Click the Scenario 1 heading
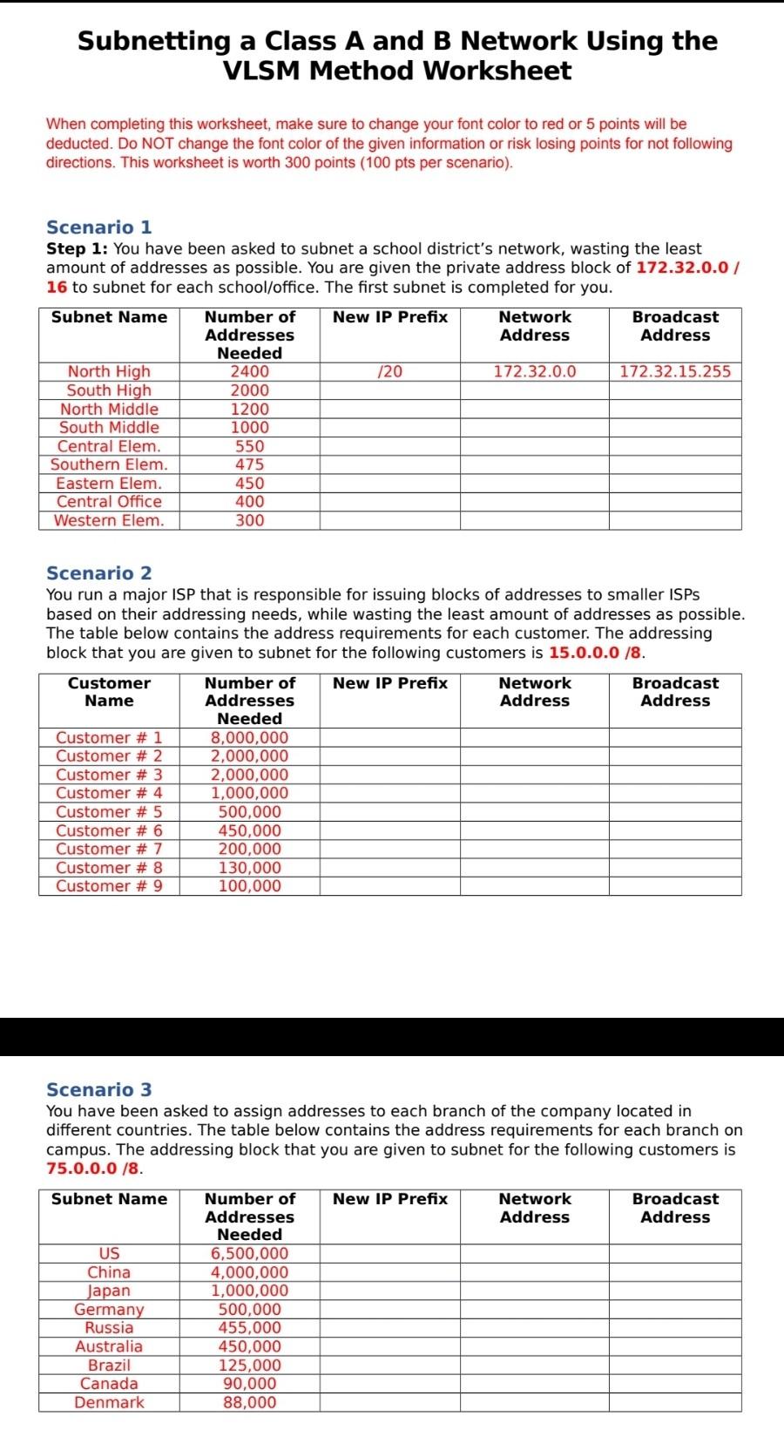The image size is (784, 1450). pos(98,227)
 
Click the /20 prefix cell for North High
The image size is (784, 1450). pos(389,372)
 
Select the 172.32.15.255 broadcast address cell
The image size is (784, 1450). pos(675,372)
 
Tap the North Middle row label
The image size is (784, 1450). pos(109,410)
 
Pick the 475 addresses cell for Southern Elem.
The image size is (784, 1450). pos(249,465)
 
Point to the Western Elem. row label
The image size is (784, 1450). pos(109,521)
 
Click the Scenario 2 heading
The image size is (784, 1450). pos(98,573)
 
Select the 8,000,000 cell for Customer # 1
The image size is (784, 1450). pos(249,738)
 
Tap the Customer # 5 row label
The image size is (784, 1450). pos(109,812)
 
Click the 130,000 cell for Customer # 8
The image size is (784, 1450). pos(249,868)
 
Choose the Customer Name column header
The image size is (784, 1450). pos(109,692)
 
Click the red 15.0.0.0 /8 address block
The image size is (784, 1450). pos(596,653)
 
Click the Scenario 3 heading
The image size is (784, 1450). pos(98,1090)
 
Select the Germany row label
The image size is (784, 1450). pos(109,1310)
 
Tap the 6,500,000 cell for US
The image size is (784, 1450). pos(249,1254)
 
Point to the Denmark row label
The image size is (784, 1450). pos(109,1403)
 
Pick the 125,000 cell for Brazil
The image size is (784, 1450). pos(249,1365)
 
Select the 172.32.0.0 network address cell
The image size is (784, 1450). pos(534,372)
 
